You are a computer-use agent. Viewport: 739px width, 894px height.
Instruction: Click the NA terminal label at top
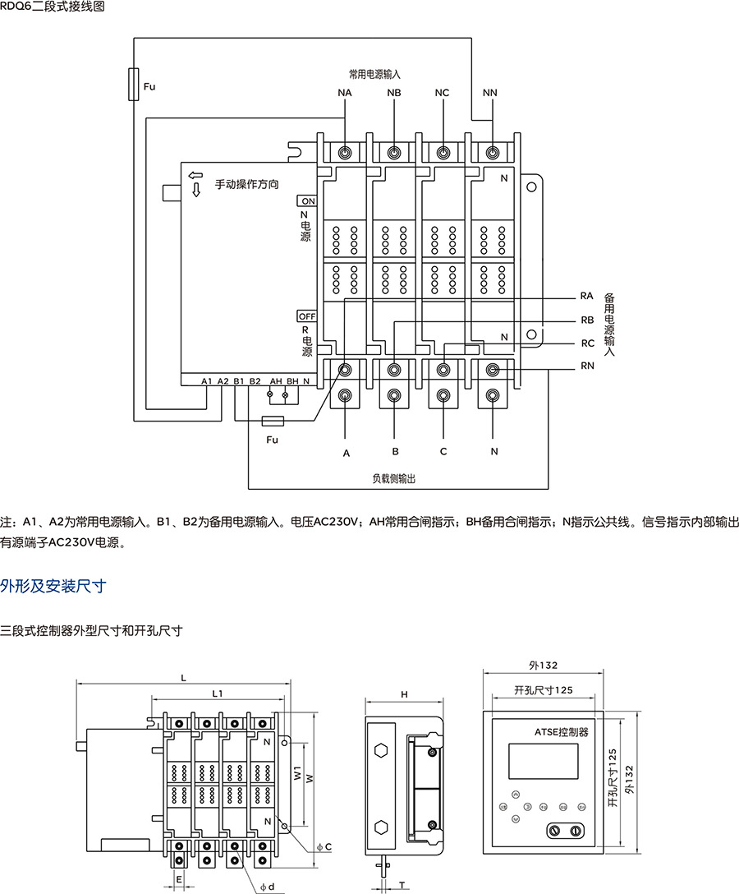(x=344, y=93)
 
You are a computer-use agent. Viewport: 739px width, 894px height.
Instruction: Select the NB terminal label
(x=394, y=93)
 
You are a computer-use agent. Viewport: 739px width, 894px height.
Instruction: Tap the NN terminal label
(x=490, y=93)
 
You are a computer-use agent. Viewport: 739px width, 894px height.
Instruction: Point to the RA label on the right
(x=586, y=295)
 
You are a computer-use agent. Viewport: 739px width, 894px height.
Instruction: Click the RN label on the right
(x=586, y=366)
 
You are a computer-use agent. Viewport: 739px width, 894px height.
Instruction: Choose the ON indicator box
(x=307, y=201)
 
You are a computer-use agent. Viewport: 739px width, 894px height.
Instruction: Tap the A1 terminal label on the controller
(x=206, y=381)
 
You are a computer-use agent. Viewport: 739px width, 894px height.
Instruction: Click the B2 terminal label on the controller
(x=255, y=381)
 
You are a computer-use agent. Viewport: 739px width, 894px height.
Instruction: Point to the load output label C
(x=443, y=452)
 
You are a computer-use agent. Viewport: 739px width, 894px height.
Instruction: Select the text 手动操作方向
(x=246, y=184)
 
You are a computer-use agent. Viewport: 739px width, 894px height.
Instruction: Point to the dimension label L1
(x=218, y=694)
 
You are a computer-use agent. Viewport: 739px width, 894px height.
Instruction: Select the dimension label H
(x=404, y=694)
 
